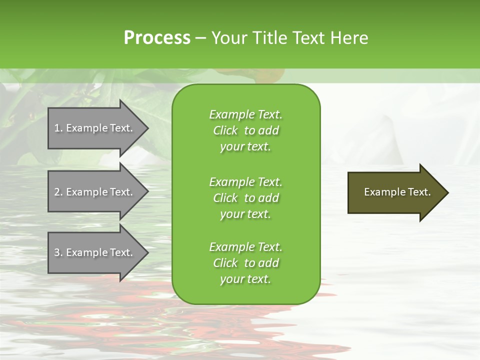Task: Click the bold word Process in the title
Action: (157, 38)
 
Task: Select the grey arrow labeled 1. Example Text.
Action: (95, 128)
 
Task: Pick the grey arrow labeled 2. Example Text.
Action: (95, 192)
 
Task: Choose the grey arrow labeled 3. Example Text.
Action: (95, 252)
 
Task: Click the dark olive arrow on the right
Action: (395, 192)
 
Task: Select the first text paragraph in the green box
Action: (245, 130)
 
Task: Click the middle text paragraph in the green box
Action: (245, 197)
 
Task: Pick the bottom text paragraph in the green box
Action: (245, 263)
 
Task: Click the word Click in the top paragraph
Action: (225, 130)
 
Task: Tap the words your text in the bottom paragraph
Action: (245, 279)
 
